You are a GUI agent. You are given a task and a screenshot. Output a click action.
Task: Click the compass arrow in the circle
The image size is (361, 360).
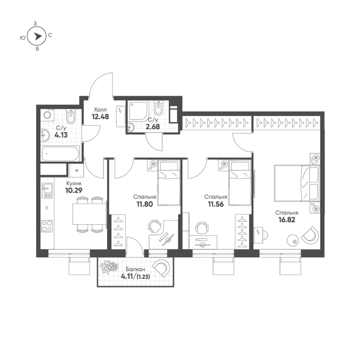click(x=38, y=36)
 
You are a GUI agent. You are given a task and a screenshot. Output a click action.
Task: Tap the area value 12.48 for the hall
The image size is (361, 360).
click(x=100, y=117)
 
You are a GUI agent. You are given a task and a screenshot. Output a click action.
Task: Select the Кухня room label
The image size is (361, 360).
click(x=74, y=184)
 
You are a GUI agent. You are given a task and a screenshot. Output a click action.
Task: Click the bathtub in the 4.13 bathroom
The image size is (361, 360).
click(x=60, y=154)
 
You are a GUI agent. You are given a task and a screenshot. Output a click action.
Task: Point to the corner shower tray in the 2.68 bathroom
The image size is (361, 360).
click(x=138, y=111)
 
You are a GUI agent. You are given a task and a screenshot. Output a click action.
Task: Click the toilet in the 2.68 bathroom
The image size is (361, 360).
click(x=158, y=108)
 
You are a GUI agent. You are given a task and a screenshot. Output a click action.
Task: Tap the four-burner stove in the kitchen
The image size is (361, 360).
click(x=47, y=226)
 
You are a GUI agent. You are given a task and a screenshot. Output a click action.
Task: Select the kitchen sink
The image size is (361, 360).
click(x=47, y=190)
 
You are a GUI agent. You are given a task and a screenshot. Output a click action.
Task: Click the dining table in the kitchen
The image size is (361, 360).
click(x=89, y=214)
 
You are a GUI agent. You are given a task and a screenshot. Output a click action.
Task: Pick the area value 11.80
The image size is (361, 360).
click(x=145, y=204)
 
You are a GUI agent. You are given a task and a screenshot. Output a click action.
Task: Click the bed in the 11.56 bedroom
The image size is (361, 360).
click(x=239, y=183)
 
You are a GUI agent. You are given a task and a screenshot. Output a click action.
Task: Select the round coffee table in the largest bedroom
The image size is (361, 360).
click(x=293, y=241)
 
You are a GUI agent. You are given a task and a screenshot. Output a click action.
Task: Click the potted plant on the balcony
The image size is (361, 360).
click(x=109, y=267)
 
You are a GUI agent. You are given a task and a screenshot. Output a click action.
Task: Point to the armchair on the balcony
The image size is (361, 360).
click(x=162, y=268)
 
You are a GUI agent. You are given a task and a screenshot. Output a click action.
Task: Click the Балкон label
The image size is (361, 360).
click(x=135, y=269)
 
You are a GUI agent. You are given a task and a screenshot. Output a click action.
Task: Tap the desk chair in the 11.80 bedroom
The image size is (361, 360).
click(x=154, y=226)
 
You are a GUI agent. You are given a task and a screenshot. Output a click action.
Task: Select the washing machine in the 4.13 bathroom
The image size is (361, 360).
click(x=48, y=115)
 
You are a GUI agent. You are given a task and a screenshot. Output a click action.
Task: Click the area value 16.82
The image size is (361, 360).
click(x=287, y=220)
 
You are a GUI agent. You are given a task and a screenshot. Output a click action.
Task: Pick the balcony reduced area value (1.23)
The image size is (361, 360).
click(x=144, y=277)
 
